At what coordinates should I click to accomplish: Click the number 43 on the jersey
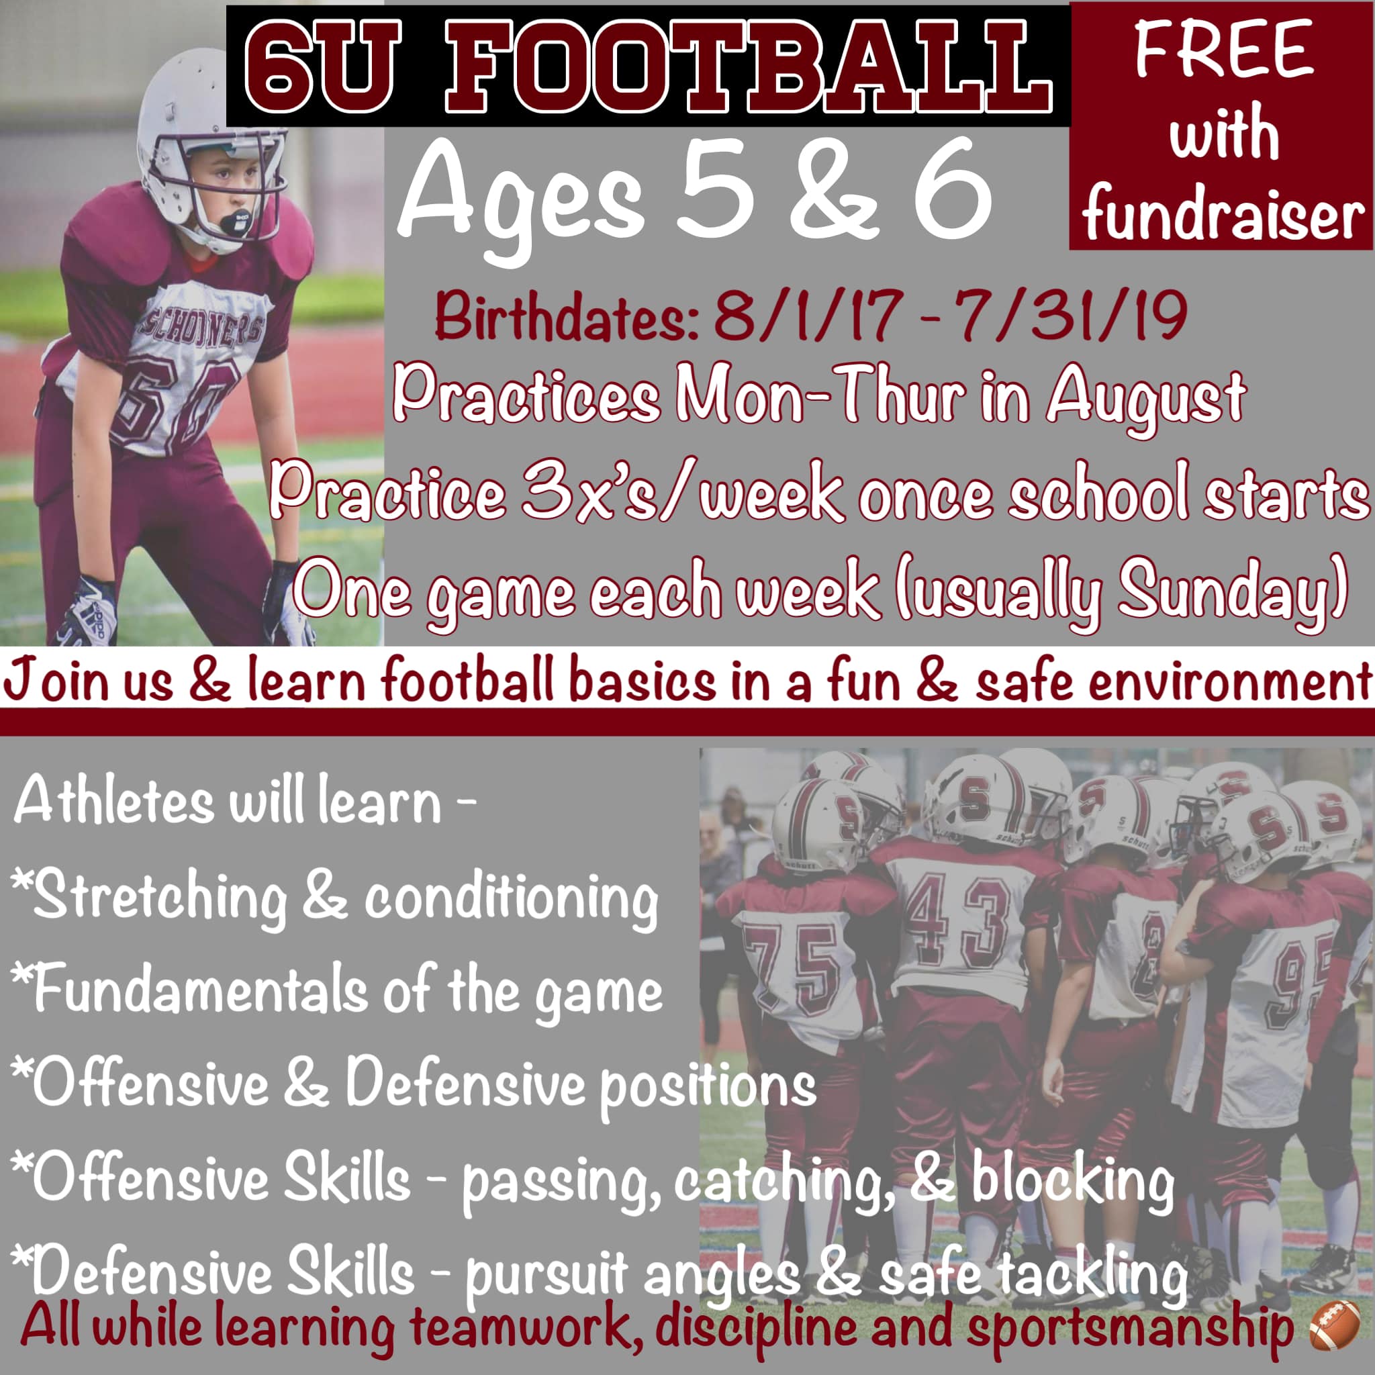pyautogui.click(x=957, y=922)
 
